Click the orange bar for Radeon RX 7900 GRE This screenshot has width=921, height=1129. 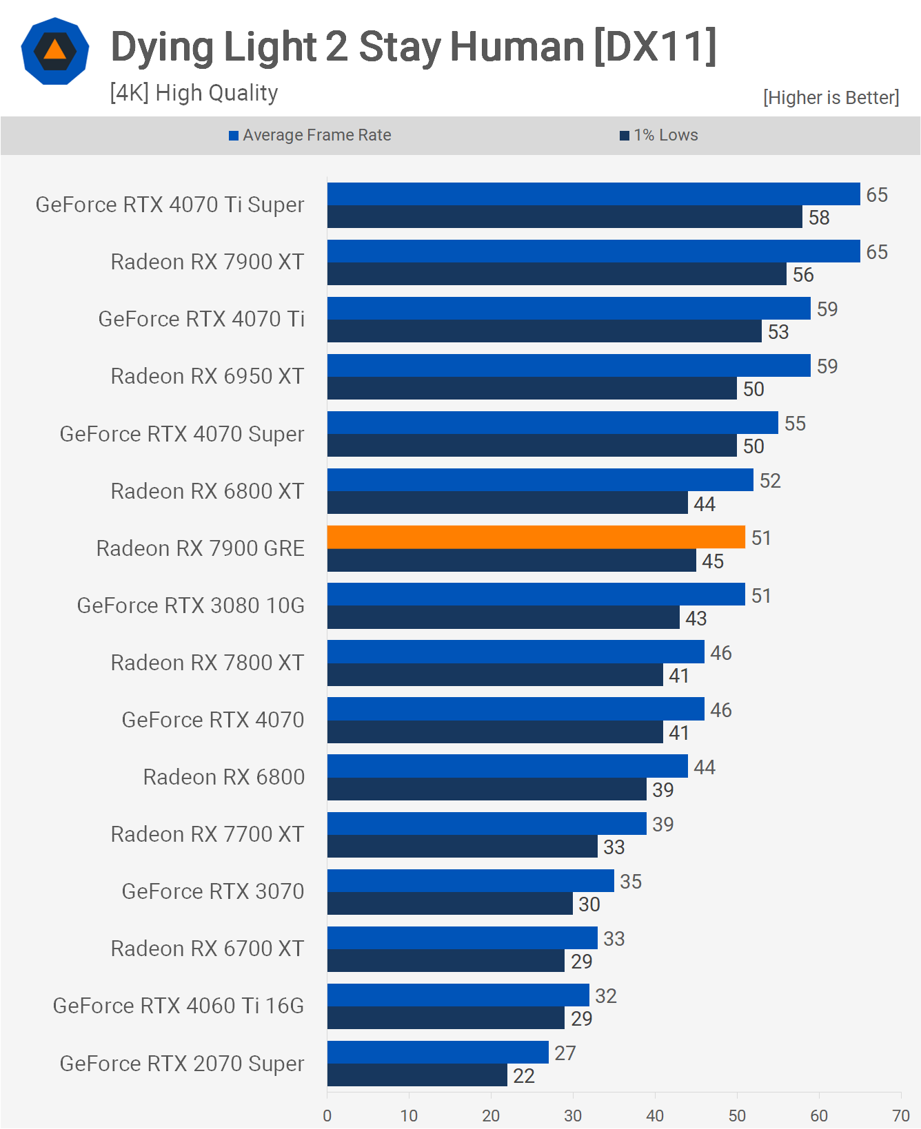(536, 537)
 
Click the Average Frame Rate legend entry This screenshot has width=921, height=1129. (310, 135)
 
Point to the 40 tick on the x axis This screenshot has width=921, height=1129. (655, 1115)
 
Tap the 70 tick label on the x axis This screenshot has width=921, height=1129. (900, 1115)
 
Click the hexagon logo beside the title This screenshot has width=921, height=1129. (55, 52)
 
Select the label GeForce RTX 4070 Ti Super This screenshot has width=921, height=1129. (170, 205)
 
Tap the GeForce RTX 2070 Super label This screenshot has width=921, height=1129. (181, 1063)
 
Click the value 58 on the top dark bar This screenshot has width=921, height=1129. (818, 218)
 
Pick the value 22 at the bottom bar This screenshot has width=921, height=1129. (523, 1075)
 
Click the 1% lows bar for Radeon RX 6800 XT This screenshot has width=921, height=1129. (507, 503)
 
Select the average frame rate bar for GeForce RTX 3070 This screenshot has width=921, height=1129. (470, 880)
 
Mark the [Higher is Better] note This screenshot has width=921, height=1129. (831, 98)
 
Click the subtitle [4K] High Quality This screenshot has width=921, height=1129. (194, 92)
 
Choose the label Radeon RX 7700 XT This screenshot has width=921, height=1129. (207, 833)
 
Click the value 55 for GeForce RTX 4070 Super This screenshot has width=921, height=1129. (794, 424)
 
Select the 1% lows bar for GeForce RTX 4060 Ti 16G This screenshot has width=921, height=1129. (445, 1017)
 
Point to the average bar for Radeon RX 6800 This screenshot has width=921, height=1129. (507, 766)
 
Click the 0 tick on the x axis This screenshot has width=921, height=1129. (327, 1115)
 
